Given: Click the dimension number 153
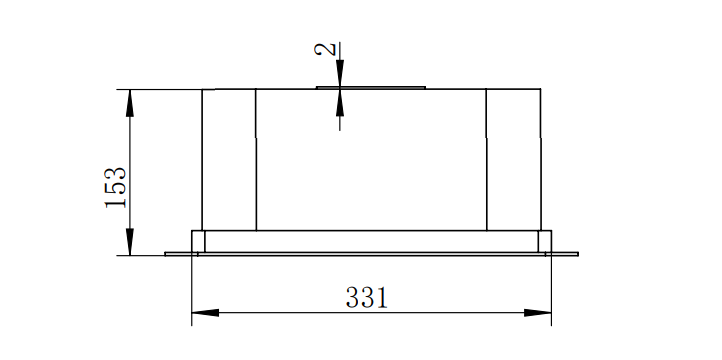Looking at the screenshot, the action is [x=115, y=187].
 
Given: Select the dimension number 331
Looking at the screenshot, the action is [x=367, y=297].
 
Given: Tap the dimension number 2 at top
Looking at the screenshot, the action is [x=325, y=49].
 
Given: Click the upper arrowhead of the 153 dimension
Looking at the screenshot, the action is [x=130, y=103].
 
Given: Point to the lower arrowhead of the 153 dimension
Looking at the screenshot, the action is [x=130, y=242].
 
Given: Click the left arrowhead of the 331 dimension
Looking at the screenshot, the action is [x=205, y=313].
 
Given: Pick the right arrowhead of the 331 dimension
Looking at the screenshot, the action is [x=537, y=313].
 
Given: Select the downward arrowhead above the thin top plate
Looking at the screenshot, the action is [x=340, y=74].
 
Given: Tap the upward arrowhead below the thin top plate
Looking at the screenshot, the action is [x=340, y=102].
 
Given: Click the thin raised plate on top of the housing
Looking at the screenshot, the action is [x=371, y=87].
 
